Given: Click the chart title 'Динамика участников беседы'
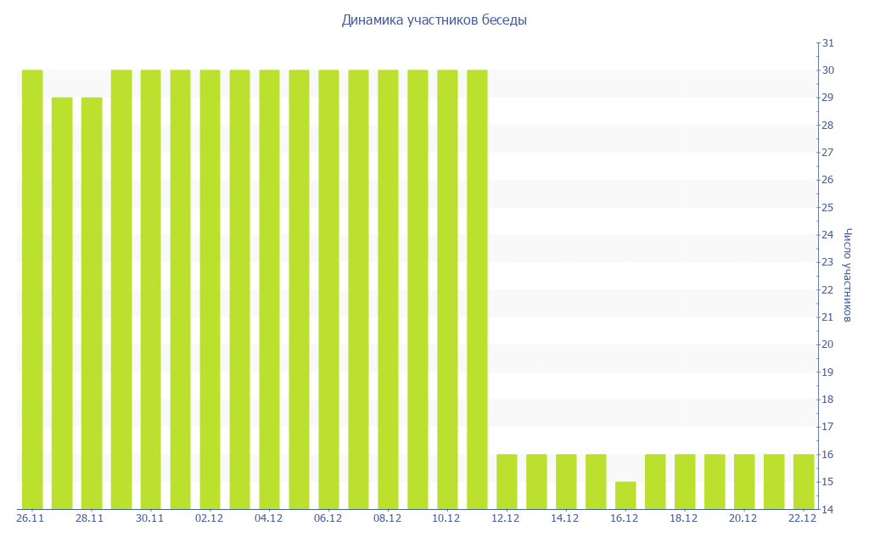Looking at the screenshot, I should (434, 20).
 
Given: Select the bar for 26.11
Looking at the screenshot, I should (32, 288).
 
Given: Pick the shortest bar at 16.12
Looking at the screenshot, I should (625, 495).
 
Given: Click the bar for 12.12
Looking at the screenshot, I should (507, 481).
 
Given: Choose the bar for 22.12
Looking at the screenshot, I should (804, 481).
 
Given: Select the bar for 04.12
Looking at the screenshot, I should (269, 288).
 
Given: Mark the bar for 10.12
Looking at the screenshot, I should (447, 288).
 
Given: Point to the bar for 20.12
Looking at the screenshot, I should (744, 481).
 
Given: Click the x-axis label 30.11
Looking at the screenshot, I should (149, 518).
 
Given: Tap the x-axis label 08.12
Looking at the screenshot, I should (387, 518).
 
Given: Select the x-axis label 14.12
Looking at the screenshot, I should (565, 518).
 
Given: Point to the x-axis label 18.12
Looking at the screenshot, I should (684, 518).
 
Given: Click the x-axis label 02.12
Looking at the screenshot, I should (209, 518).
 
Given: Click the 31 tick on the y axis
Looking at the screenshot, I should (828, 43).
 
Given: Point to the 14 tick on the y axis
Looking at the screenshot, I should (828, 509).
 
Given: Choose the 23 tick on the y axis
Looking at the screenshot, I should (828, 262).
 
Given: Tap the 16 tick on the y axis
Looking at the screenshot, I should (828, 454).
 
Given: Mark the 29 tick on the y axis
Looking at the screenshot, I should (828, 98).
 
